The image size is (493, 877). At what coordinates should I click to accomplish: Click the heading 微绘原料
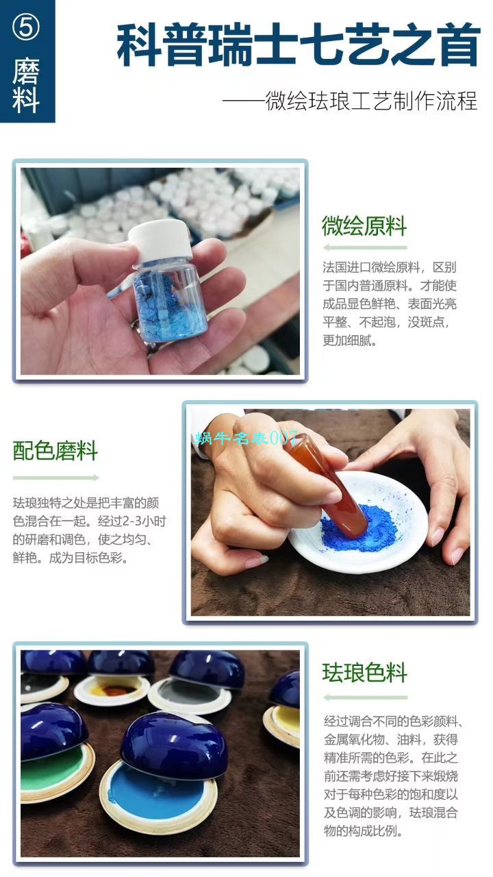click(364, 226)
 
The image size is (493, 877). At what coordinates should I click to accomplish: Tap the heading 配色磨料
click(55, 451)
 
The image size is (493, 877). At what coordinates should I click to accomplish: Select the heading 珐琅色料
click(365, 673)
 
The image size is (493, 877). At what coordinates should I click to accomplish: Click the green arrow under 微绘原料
click(364, 247)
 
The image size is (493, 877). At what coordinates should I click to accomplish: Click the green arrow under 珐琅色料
click(365, 697)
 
